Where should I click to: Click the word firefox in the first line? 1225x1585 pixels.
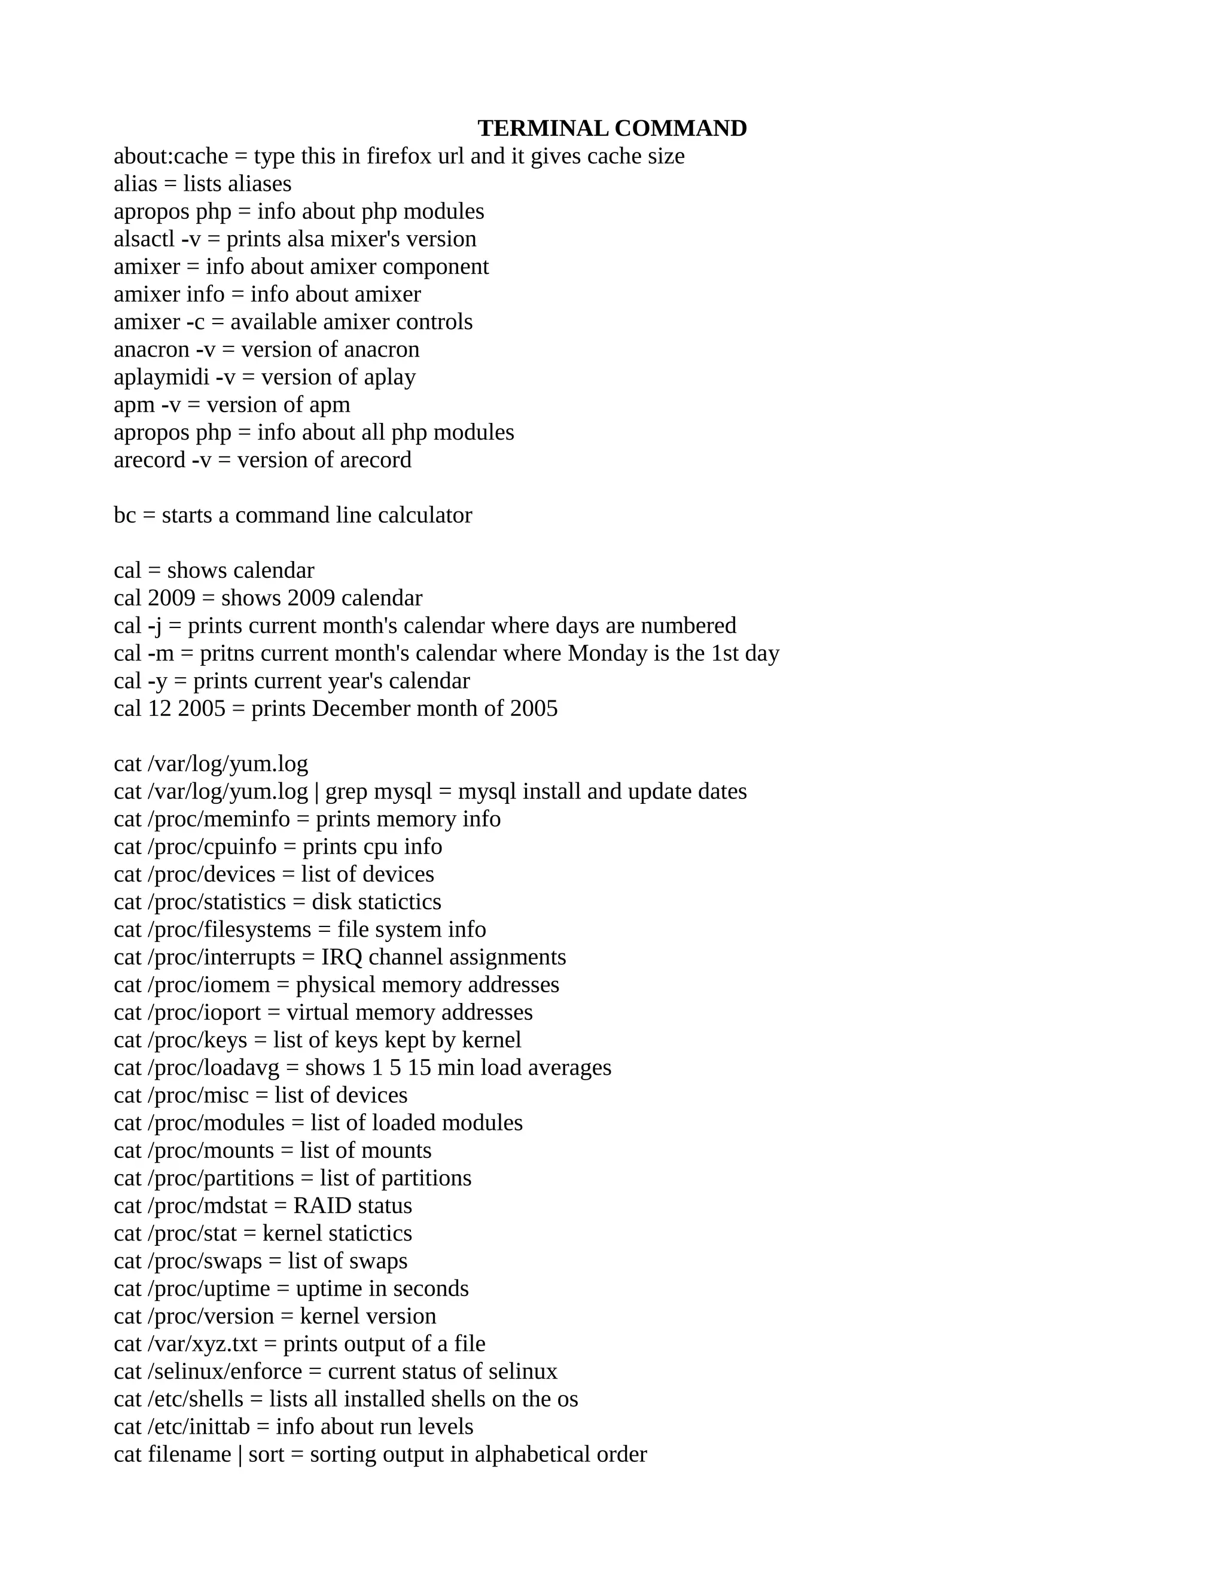398,156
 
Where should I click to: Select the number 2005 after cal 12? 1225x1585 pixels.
201,708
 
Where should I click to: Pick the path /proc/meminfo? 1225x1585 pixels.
218,819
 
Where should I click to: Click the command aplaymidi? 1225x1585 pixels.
162,377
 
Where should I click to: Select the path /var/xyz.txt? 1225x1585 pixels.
203,1344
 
